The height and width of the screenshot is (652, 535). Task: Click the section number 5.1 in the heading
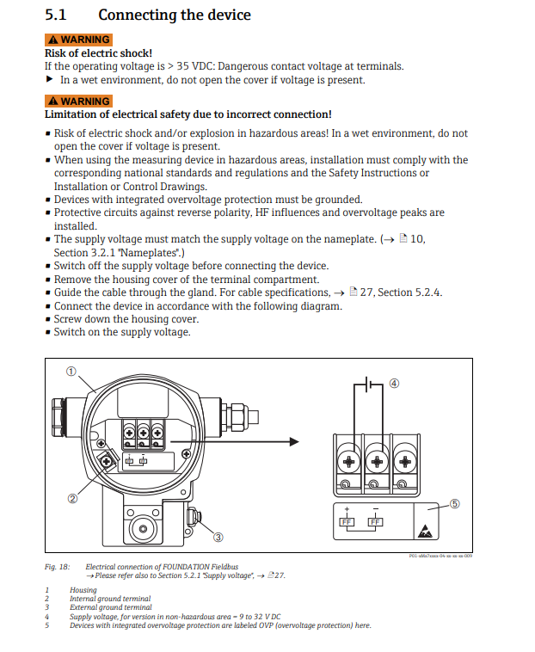pyautogui.click(x=56, y=15)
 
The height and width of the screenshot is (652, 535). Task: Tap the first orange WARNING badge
pyautogui.click(x=78, y=40)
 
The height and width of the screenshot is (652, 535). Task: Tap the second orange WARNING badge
pyautogui.click(x=78, y=101)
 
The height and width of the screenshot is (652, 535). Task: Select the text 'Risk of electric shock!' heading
pyautogui.click(x=98, y=53)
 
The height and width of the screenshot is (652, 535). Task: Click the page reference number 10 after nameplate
pyautogui.click(x=418, y=239)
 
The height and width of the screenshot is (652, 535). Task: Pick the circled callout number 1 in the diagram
pyautogui.click(x=72, y=372)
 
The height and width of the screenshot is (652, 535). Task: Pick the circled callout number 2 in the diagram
pyautogui.click(x=73, y=497)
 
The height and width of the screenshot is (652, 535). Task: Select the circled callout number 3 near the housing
pyautogui.click(x=218, y=538)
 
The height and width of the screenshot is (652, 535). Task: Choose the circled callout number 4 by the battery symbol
pyautogui.click(x=394, y=384)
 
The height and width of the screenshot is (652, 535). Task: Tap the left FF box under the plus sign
pyautogui.click(x=346, y=522)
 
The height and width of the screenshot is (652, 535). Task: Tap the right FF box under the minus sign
pyautogui.click(x=375, y=522)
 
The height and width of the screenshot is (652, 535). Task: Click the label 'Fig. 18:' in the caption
pyautogui.click(x=57, y=568)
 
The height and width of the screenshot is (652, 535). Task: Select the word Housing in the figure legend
pyautogui.click(x=83, y=591)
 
